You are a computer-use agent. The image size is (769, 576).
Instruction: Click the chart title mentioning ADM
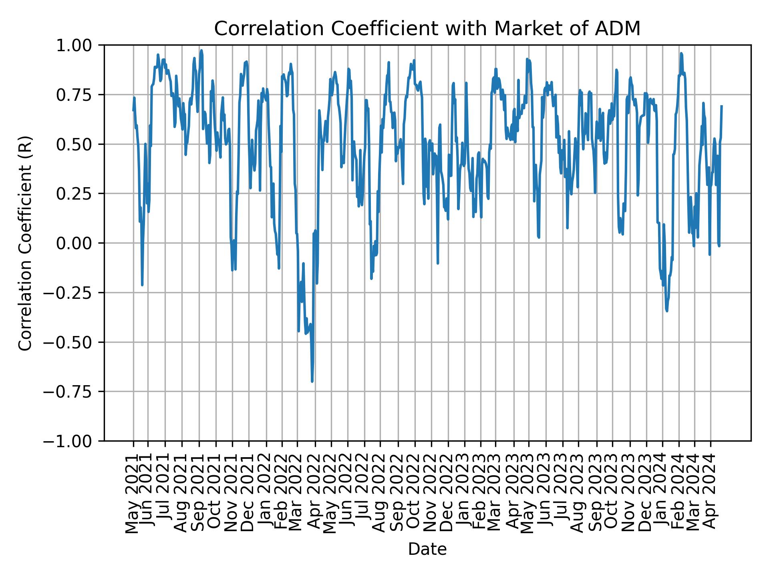(427, 29)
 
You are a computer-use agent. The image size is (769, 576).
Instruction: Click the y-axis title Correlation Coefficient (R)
(25, 243)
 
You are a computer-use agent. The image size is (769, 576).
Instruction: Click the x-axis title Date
(427, 549)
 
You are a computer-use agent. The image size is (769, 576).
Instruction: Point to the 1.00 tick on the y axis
(79, 45)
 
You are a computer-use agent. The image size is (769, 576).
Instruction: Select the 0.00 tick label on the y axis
(79, 243)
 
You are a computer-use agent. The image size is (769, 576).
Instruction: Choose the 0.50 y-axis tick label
(79, 144)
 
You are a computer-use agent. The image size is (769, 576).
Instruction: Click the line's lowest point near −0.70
(312, 381)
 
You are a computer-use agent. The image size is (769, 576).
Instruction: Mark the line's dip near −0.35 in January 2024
(667, 311)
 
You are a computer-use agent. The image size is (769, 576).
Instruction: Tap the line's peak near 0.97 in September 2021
(201, 50)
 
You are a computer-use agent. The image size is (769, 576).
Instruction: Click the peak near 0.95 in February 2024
(681, 53)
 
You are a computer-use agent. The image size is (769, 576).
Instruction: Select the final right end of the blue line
(721, 106)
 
